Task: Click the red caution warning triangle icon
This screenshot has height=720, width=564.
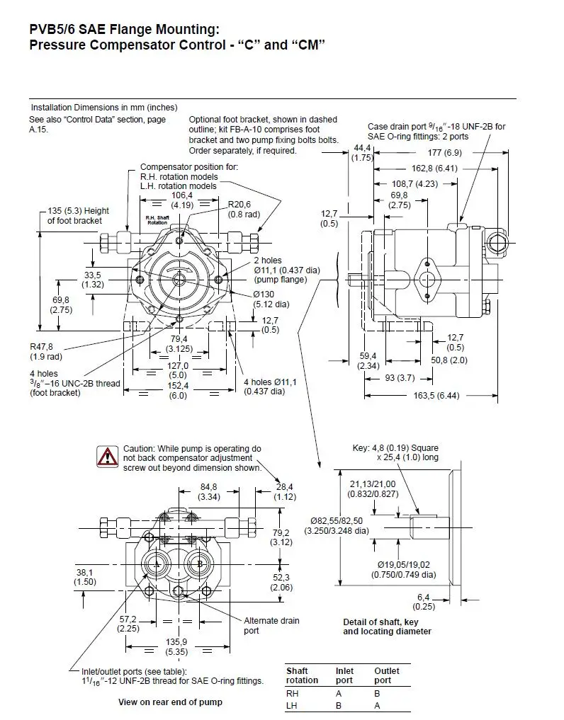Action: (108, 457)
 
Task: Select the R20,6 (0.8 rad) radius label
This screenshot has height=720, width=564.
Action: (240, 209)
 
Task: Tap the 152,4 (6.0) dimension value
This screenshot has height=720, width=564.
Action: (178, 390)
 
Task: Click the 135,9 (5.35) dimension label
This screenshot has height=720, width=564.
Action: (177, 646)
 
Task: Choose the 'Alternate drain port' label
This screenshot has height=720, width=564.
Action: (271, 625)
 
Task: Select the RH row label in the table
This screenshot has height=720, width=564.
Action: (292, 694)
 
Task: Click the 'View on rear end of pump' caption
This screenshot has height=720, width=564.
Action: (169, 702)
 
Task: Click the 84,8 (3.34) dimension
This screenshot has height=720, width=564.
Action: (210, 491)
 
